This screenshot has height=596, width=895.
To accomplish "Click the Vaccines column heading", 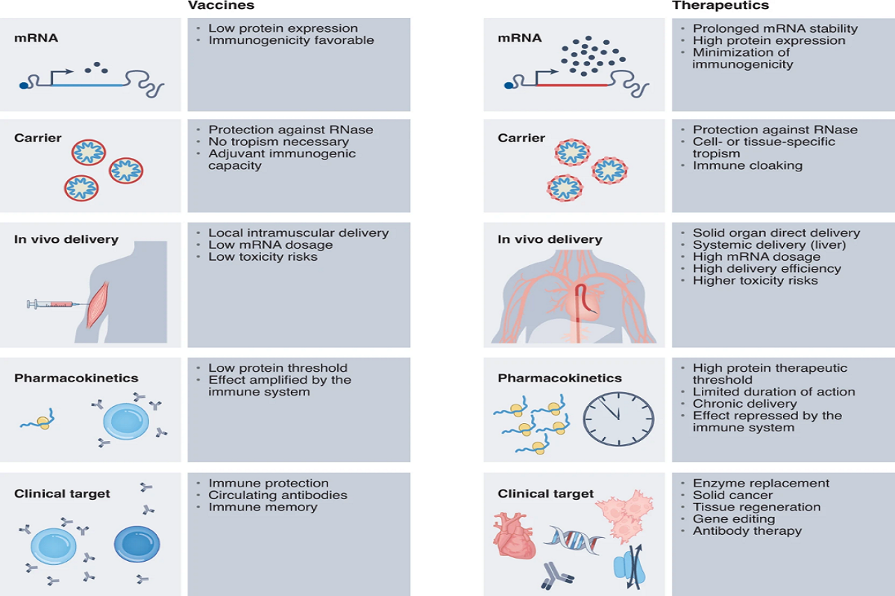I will [x=221, y=5].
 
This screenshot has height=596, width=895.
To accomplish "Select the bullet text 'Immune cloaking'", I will [x=747, y=165].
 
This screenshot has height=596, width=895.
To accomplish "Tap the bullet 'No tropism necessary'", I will [x=278, y=142].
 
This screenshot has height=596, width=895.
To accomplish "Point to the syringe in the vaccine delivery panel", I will [x=51, y=304].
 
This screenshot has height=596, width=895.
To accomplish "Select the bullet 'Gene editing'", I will [x=734, y=519].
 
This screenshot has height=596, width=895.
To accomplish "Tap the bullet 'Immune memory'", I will [x=263, y=507].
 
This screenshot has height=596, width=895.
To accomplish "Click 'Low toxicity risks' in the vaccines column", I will [x=263, y=256].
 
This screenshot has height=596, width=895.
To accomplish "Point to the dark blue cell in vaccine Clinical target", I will [x=137, y=545].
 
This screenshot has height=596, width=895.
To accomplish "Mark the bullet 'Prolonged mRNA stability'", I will [x=775, y=28].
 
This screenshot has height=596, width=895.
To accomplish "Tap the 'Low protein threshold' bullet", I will [x=277, y=368].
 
